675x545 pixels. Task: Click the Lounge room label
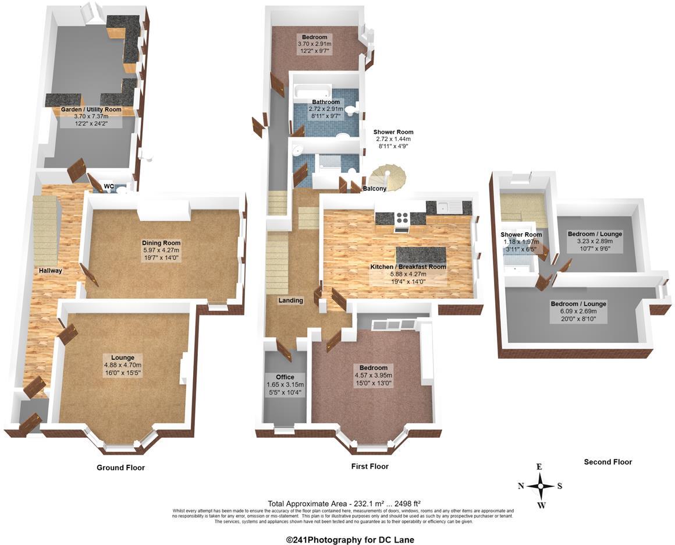pos(122,358)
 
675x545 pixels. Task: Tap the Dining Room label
pos(161,243)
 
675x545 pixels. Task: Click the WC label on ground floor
pos(109,186)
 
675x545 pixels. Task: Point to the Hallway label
pos(51,271)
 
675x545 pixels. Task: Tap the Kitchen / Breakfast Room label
pos(408,267)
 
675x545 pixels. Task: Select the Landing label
pos(290,300)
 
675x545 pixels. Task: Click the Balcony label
pos(375,189)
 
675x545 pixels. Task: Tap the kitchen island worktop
pos(421,255)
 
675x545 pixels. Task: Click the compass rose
pos(540,485)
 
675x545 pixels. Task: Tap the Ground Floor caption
pos(120,468)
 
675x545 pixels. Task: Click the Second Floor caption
pos(607,462)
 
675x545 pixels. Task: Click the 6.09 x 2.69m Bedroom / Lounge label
pos(578,304)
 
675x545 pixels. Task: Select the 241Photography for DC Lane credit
pos(350,540)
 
